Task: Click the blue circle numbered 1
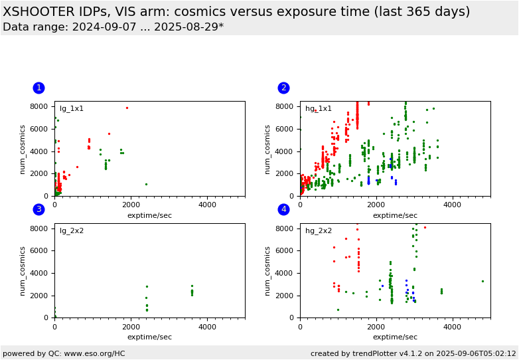38,88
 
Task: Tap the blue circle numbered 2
283,88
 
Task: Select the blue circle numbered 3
38,209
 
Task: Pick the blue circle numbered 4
283,209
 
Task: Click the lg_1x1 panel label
72,109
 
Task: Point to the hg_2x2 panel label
319,230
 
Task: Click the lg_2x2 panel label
72,230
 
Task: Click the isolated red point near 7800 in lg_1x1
127,108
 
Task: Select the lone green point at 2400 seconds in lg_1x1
146,184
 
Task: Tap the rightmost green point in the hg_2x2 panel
482,281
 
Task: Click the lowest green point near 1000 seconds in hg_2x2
338,310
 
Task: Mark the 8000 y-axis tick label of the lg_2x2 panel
38,228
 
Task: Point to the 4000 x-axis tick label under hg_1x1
452,205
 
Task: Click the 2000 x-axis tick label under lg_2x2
131,327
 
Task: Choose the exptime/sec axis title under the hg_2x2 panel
395,337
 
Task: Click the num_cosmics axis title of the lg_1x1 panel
22,149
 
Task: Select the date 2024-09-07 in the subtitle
104,27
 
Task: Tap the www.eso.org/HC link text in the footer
94,353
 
